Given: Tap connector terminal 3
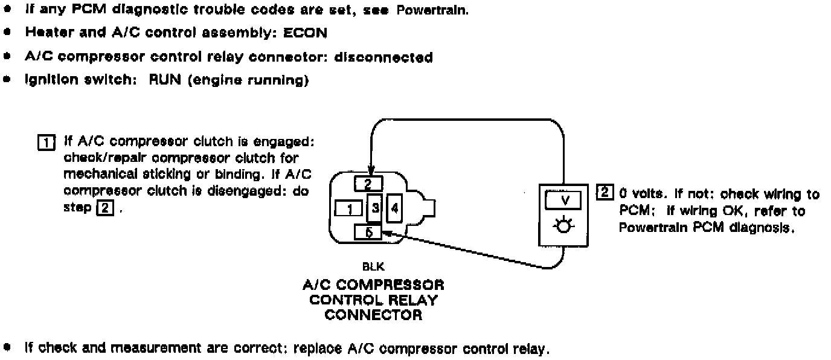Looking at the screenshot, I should click(x=374, y=208).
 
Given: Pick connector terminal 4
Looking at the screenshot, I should click(x=394, y=208).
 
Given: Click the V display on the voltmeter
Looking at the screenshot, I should click(x=563, y=201).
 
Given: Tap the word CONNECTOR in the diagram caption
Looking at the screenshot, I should click(x=373, y=315).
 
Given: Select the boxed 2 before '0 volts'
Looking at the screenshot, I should click(x=604, y=194).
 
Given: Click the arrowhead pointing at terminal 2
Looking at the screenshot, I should click(x=370, y=172).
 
